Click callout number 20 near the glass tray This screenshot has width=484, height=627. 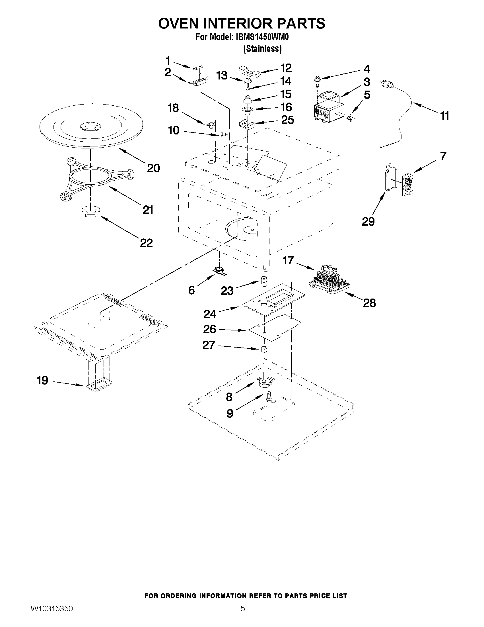click(153, 168)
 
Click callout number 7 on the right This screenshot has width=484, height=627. click(443, 156)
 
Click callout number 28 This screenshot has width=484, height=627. click(369, 303)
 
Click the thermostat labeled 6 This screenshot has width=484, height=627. click(219, 270)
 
